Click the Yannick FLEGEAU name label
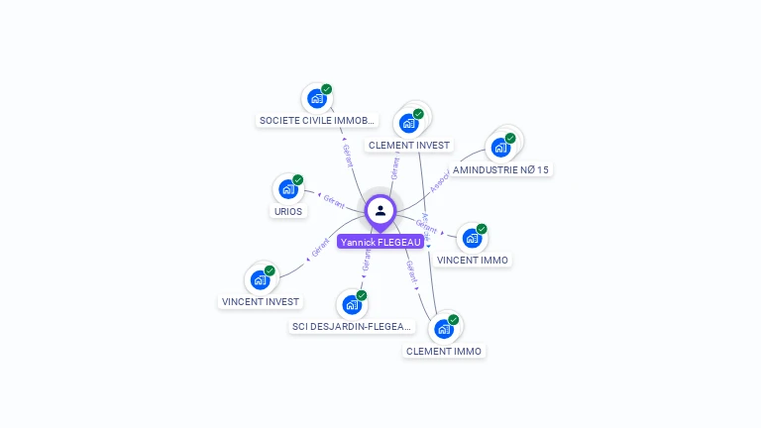(x=380, y=242)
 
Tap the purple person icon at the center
(x=380, y=210)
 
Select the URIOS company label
(x=287, y=211)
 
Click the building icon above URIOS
(x=288, y=188)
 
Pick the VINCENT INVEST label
(x=260, y=301)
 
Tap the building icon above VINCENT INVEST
(x=260, y=279)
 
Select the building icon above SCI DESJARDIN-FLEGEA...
(x=351, y=304)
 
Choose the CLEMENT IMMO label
(x=443, y=351)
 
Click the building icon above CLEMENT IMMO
(x=444, y=328)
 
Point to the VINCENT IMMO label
(x=473, y=260)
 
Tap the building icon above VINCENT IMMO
(x=473, y=238)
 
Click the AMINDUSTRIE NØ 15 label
(x=500, y=169)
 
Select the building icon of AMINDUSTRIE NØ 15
(x=500, y=148)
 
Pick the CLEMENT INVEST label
(x=408, y=145)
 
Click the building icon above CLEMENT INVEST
(x=408, y=123)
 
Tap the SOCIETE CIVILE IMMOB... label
(x=317, y=120)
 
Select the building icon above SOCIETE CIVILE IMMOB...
(x=317, y=97)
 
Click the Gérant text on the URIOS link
(x=335, y=202)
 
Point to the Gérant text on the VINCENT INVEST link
(x=319, y=249)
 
